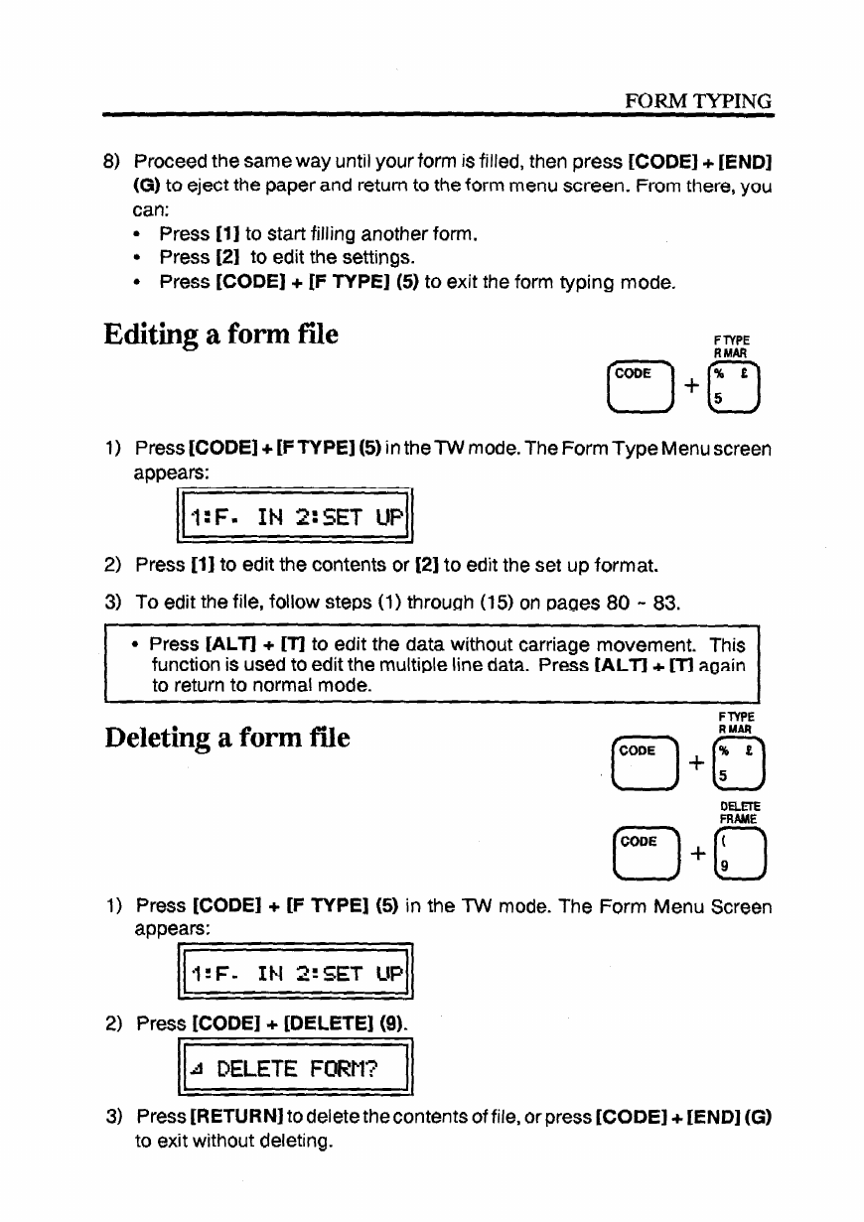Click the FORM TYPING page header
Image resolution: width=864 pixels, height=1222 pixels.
(697, 101)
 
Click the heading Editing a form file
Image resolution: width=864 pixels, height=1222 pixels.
(220, 335)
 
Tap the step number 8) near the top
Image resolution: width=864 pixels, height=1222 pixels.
(112, 161)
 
